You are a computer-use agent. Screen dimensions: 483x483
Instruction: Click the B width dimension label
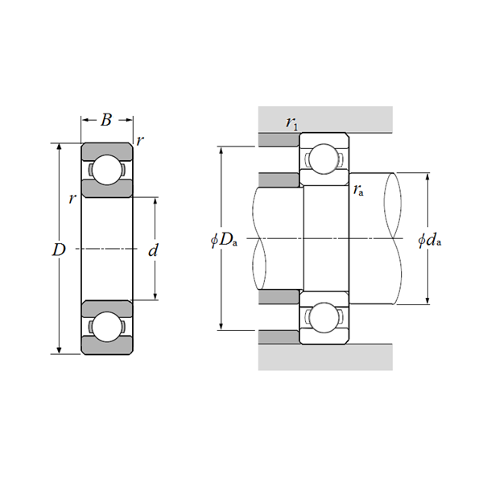pyautogui.click(x=106, y=121)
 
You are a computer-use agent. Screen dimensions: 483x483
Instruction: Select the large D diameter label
pyautogui.click(x=58, y=250)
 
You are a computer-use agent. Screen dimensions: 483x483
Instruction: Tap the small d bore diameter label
pyautogui.click(x=153, y=250)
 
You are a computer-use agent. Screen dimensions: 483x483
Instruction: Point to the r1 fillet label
pyautogui.click(x=291, y=122)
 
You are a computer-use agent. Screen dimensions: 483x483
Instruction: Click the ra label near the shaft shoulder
pyautogui.click(x=357, y=190)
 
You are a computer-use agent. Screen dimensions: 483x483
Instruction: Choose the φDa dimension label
pyautogui.click(x=223, y=240)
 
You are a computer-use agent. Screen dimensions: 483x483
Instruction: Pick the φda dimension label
pyautogui.click(x=431, y=240)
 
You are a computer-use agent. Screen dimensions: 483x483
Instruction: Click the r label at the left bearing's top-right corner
pyautogui.click(x=140, y=141)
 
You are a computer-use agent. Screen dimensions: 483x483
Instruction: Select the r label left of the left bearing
pyautogui.click(x=72, y=198)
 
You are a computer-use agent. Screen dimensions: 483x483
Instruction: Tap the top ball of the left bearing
pyautogui.click(x=106, y=171)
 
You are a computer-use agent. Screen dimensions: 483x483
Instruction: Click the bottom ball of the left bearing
pyautogui.click(x=106, y=328)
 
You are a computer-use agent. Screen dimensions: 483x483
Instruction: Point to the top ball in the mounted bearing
pyautogui.click(x=324, y=159)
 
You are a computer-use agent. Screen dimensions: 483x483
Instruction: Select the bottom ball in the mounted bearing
pyautogui.click(x=324, y=316)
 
